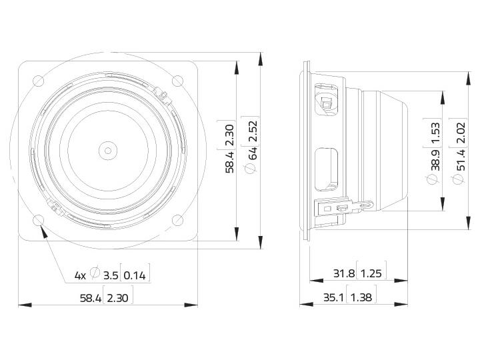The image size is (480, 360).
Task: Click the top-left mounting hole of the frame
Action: [39, 81]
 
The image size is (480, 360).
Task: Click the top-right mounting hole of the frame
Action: [177, 81]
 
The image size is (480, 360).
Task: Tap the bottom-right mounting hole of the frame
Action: [177, 220]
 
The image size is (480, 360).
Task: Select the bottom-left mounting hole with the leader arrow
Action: [39, 220]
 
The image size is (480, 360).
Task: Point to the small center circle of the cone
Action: [108, 151]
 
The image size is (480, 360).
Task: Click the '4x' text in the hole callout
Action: [80, 276]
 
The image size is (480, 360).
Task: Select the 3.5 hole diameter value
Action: [111, 276]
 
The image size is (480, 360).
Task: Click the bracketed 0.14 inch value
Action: [135, 276]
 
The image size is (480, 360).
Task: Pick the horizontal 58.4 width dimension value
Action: [90, 298]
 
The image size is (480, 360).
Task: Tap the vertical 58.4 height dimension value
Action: [229, 162]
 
